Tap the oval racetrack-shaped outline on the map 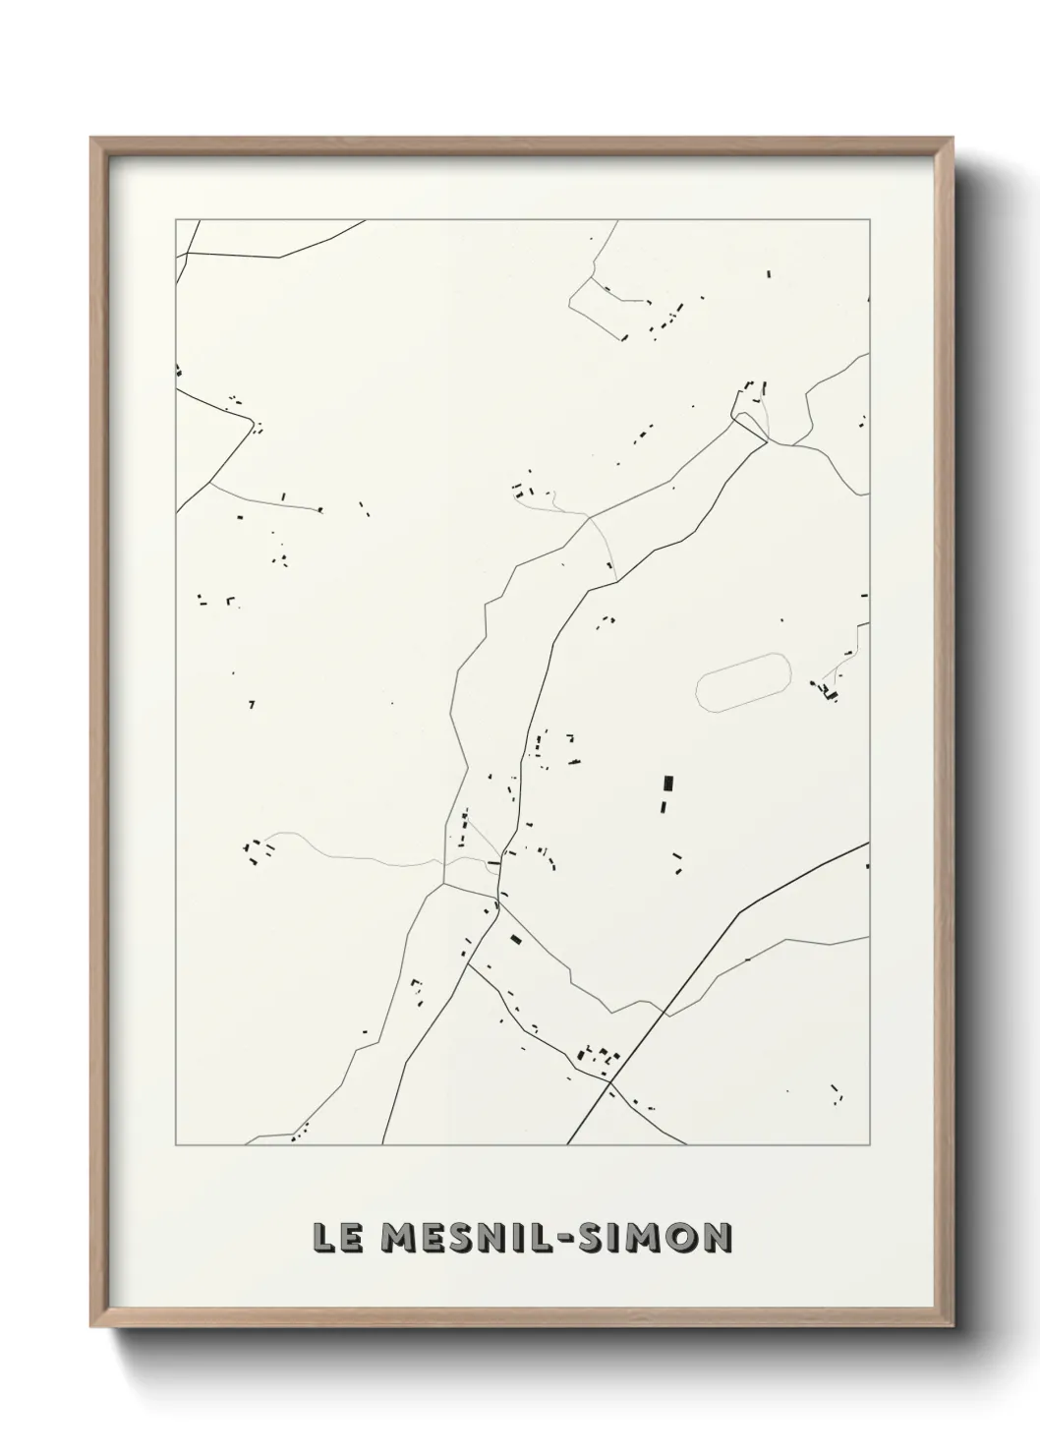click(x=743, y=681)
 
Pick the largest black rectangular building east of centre click(x=668, y=784)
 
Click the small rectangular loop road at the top click(x=609, y=306)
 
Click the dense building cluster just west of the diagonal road click(x=598, y=1058)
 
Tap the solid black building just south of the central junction click(x=514, y=940)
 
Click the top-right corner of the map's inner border click(x=869, y=220)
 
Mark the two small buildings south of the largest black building click(x=677, y=862)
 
